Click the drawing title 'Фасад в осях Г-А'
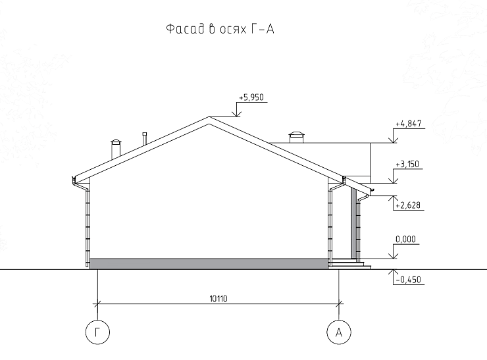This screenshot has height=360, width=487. tap(220, 29)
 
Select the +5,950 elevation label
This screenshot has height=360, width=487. tap(251, 97)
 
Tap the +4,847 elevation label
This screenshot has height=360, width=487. tap(409, 123)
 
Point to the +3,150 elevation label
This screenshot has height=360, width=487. tap(407, 164)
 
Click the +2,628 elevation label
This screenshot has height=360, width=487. tap(408, 205)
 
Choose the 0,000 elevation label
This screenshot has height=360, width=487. tap(405, 239)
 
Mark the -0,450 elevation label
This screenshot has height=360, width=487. tap(409, 280)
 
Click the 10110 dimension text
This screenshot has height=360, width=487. tap(218, 299)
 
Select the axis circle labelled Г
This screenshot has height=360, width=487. tap(97, 332)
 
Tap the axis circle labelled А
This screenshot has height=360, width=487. tap(339, 332)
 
